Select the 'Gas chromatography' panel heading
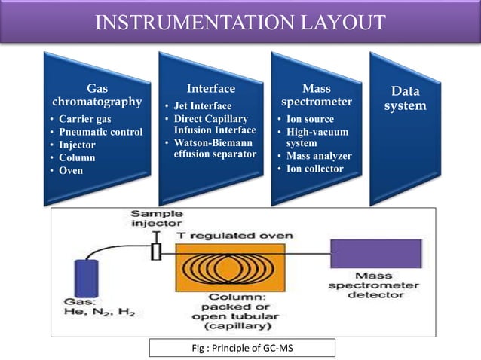click(97, 95)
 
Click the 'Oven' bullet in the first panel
click(72, 170)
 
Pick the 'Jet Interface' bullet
click(203, 106)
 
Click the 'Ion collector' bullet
click(314, 169)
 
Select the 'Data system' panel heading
click(405, 99)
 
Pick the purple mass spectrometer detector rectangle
click(375, 253)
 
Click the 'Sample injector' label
click(156, 219)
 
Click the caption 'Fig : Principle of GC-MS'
click(240, 347)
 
